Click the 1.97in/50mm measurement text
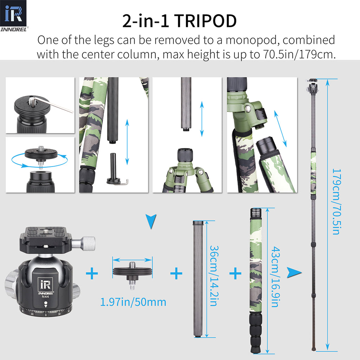click(x=133, y=302)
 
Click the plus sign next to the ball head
click(x=92, y=273)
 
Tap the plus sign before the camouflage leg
click(x=235, y=273)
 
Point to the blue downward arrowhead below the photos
click(x=151, y=222)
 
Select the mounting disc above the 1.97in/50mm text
click(x=132, y=271)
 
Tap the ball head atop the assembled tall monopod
click(x=313, y=86)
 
